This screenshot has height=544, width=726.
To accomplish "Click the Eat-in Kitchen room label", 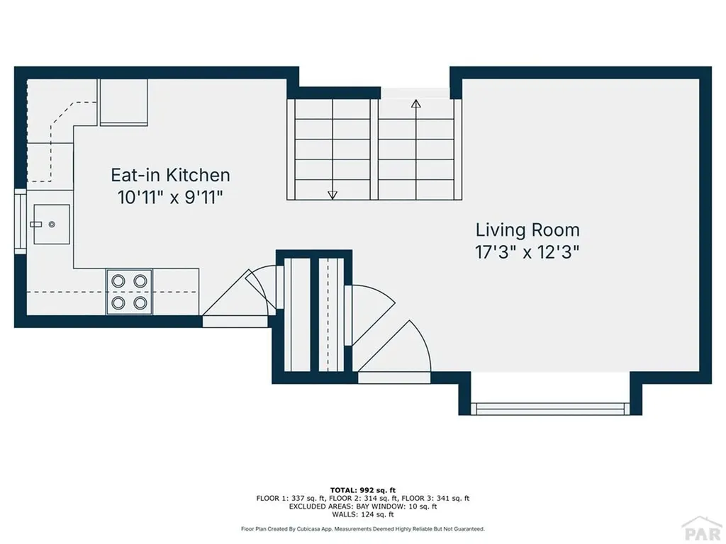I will (x=170, y=175).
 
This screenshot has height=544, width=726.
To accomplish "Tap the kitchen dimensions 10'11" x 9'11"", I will (x=170, y=198).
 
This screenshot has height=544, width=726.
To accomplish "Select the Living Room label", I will (x=527, y=230).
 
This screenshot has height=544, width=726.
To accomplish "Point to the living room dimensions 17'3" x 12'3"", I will (x=527, y=252).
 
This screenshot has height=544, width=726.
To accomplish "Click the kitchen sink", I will (x=51, y=224).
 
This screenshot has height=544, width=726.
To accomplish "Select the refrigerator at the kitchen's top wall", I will (x=123, y=102).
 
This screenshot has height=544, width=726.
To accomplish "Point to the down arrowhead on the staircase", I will (x=333, y=195).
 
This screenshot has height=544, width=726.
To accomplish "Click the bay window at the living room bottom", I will (x=550, y=409).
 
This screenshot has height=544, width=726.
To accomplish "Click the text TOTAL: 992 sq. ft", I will (x=362, y=490).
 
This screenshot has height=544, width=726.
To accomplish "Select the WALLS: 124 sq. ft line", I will (x=362, y=515).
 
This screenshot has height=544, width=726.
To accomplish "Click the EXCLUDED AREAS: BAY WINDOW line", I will (x=362, y=506).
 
